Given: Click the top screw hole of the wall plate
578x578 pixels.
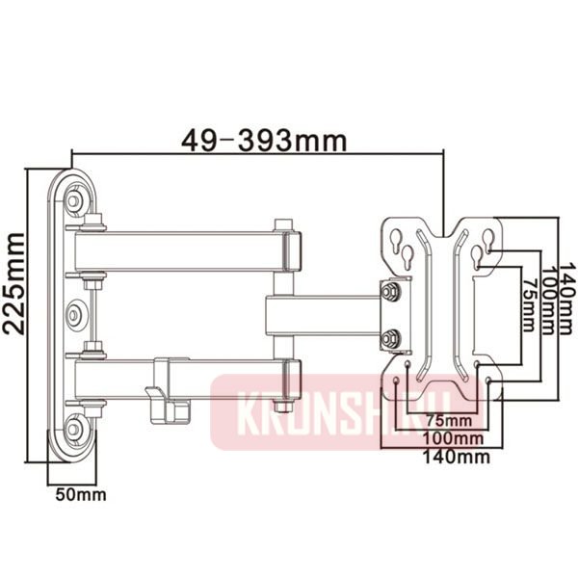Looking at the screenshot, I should [x=74, y=200].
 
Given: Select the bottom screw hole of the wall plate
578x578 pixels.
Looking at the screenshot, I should [x=74, y=424].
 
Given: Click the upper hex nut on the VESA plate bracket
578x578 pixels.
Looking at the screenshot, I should [x=390, y=291].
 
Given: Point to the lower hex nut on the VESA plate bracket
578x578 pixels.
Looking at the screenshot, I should [x=390, y=338].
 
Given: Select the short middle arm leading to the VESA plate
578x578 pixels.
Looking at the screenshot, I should [x=323, y=315].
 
